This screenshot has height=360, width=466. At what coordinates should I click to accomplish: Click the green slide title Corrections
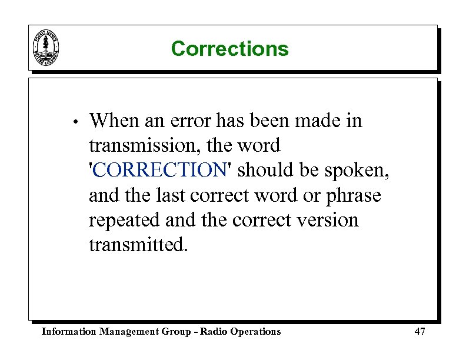point(229,48)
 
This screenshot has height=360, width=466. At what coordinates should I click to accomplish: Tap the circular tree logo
point(46,47)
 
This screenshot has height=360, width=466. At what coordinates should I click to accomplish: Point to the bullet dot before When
point(75,122)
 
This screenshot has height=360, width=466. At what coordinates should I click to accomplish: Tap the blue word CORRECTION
point(159,170)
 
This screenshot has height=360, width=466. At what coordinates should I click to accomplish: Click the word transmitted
point(138,245)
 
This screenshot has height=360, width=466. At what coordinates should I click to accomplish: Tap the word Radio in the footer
point(213,332)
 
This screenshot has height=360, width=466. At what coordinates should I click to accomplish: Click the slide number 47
point(420,332)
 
